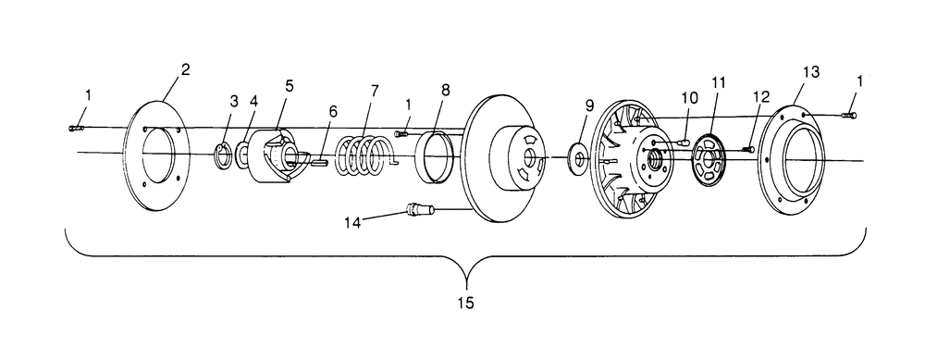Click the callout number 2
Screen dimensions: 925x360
click(x=185, y=69)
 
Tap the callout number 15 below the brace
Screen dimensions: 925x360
click(x=465, y=304)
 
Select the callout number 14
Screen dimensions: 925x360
click(x=352, y=222)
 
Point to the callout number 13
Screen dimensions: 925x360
click(x=810, y=72)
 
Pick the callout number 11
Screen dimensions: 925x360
click(x=718, y=82)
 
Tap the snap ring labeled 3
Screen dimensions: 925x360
click(x=221, y=155)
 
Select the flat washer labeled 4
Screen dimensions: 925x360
click(x=242, y=154)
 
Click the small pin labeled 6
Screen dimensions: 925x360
click(x=318, y=163)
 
